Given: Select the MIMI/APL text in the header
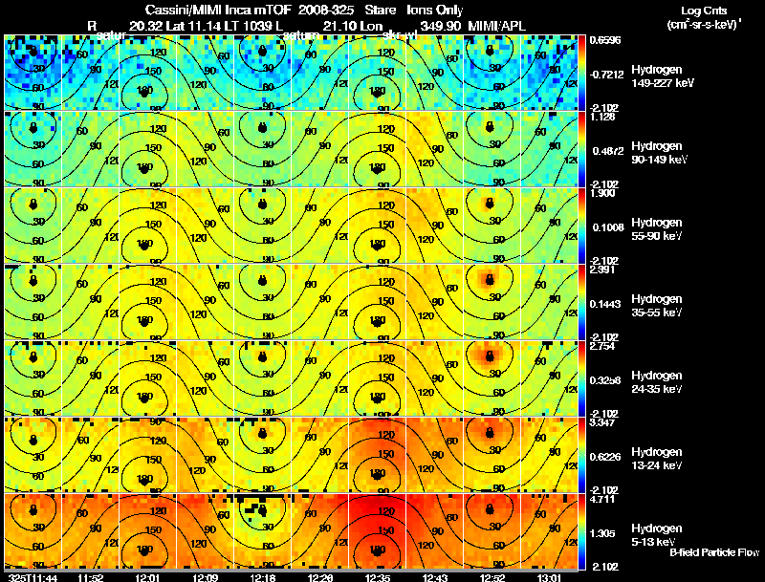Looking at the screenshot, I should coord(494,25).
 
